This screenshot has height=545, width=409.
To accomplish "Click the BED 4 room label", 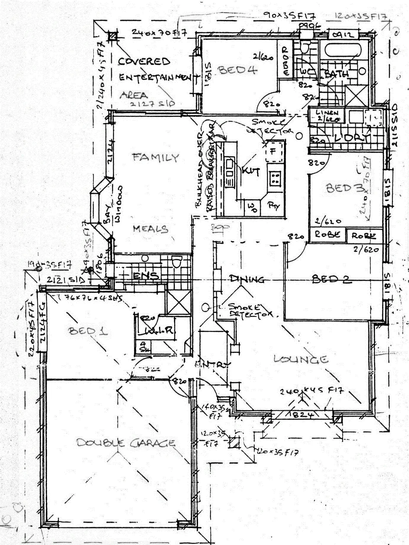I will point(238,70).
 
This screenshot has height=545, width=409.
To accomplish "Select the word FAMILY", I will point(156,157).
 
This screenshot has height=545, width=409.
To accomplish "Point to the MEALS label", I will point(150,229).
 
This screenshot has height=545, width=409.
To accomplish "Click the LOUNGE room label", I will point(301,359).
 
